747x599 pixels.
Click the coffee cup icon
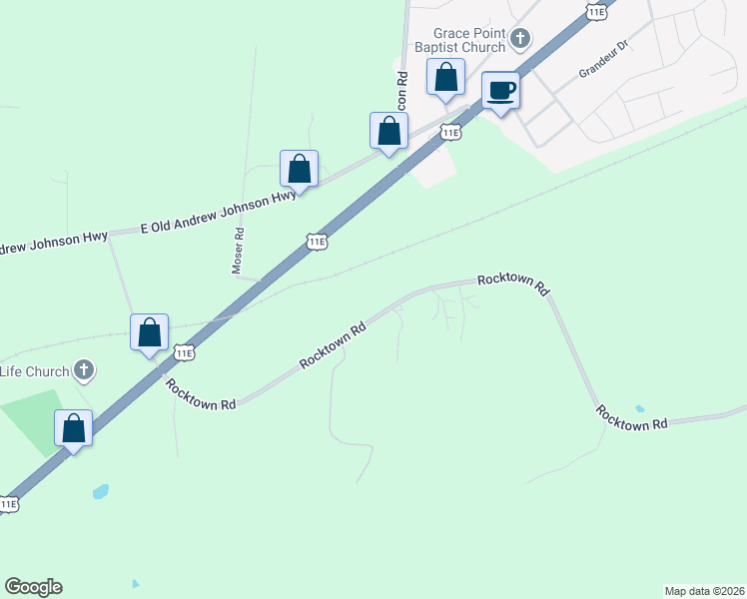(501, 90)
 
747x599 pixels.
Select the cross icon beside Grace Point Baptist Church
(519, 39)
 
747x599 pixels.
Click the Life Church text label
(34, 372)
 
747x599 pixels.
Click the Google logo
(33, 587)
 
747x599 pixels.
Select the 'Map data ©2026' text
(705, 590)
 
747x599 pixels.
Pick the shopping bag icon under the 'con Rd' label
(388, 130)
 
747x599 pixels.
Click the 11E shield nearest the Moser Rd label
(317, 242)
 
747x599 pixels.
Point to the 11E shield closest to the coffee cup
(451, 132)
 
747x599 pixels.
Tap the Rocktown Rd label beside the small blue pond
(631, 418)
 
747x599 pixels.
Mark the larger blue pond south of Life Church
(100, 492)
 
